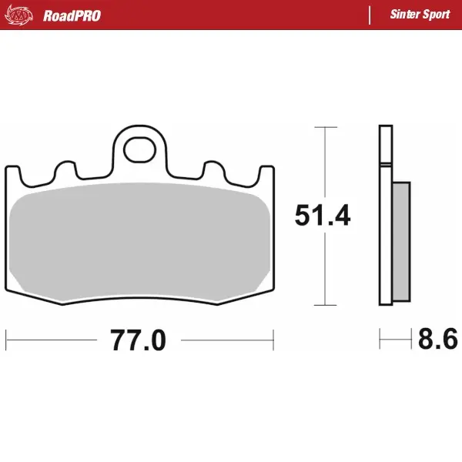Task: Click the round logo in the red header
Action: click(22, 15)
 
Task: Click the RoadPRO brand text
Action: click(72, 15)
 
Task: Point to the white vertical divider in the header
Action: click(370, 15)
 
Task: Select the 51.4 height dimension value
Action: click(323, 216)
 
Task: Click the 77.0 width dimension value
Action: click(138, 340)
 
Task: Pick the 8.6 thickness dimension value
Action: click(437, 339)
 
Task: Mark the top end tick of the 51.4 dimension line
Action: click(327, 126)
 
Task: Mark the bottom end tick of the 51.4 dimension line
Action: click(327, 306)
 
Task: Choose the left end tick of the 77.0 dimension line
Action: click(6, 338)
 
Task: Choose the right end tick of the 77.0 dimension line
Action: click(273, 338)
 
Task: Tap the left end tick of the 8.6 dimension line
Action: click(380, 338)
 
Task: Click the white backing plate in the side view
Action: click(384, 231)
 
